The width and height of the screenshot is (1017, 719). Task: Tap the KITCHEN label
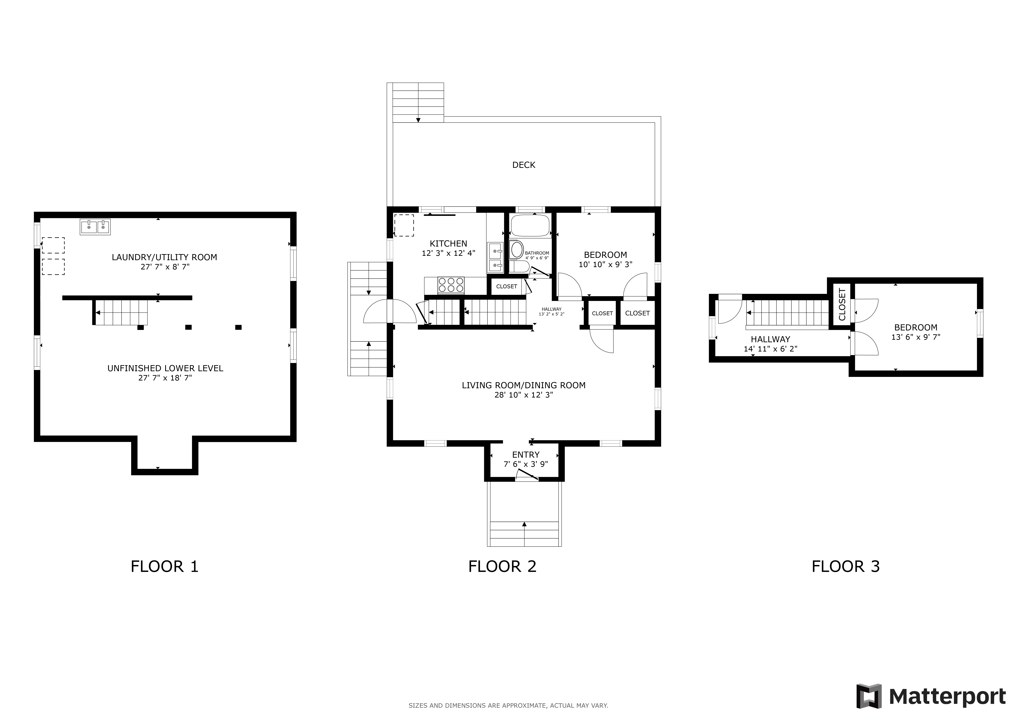tap(448, 243)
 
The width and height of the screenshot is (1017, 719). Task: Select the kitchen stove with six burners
tap(451, 285)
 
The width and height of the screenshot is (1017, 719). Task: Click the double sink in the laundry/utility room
tap(95, 227)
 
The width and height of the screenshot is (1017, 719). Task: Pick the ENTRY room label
tap(526, 455)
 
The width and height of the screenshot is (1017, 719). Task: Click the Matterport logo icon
tap(869, 696)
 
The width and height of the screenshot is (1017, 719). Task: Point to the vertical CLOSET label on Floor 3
tap(842, 305)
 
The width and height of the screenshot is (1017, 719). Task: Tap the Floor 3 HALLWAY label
tap(770, 339)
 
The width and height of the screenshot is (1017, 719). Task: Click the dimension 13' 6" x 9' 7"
tap(916, 337)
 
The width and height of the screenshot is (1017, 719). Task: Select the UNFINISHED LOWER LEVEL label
tap(165, 368)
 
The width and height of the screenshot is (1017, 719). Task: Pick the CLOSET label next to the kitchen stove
tap(506, 286)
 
